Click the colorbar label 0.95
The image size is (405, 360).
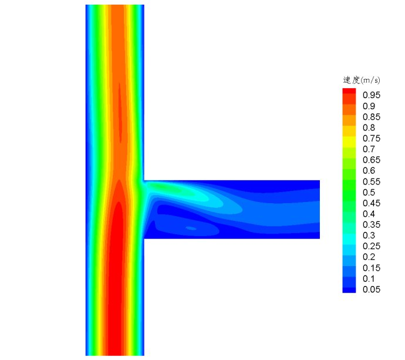tap(372, 95)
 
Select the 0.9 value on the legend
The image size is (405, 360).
tap(369, 106)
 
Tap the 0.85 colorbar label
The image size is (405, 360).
tap(372, 117)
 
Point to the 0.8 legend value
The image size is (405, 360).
tap(369, 127)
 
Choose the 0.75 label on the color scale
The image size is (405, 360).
tap(372, 139)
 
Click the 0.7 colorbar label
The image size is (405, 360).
tap(369, 149)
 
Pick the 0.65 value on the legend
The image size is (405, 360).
tap(372, 160)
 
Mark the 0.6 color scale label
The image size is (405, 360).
tap(369, 171)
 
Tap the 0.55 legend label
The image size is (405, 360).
tap(372, 181)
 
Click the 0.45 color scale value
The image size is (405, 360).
tap(372, 203)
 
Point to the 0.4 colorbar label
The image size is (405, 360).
tap(369, 214)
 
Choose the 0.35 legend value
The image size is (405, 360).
tap(372, 225)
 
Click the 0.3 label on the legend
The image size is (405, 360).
tap(369, 235)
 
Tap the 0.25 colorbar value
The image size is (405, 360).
tap(372, 246)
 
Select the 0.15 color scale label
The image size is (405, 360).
tap(372, 268)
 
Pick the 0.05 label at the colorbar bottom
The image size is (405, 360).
tap(372, 290)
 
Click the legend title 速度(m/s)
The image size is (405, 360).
tap(361, 80)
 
